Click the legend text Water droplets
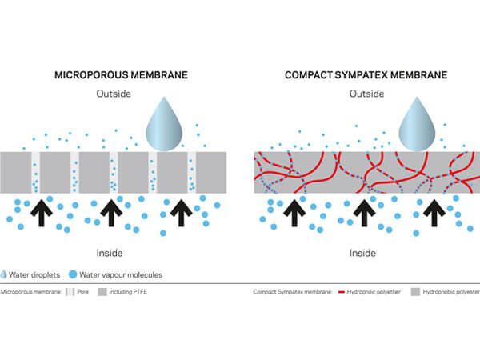pos(37,275)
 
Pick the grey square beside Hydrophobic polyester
pos(415,293)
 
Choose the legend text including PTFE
pos(129,293)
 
